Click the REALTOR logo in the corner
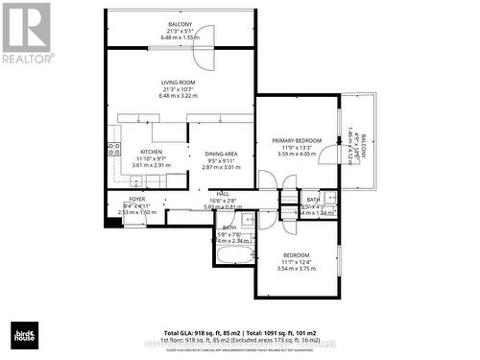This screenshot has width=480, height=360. coord(26,33)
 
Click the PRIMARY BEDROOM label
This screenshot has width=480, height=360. coord(296,139)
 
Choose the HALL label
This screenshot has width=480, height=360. coord(223,194)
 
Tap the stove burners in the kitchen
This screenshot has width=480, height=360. coord(112,149)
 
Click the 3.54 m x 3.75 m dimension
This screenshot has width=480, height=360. coord(296,270)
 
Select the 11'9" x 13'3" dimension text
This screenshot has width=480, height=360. coord(296,147)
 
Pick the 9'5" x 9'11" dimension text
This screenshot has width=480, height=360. coord(219,160)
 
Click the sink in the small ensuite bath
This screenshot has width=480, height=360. coord(329,201)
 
